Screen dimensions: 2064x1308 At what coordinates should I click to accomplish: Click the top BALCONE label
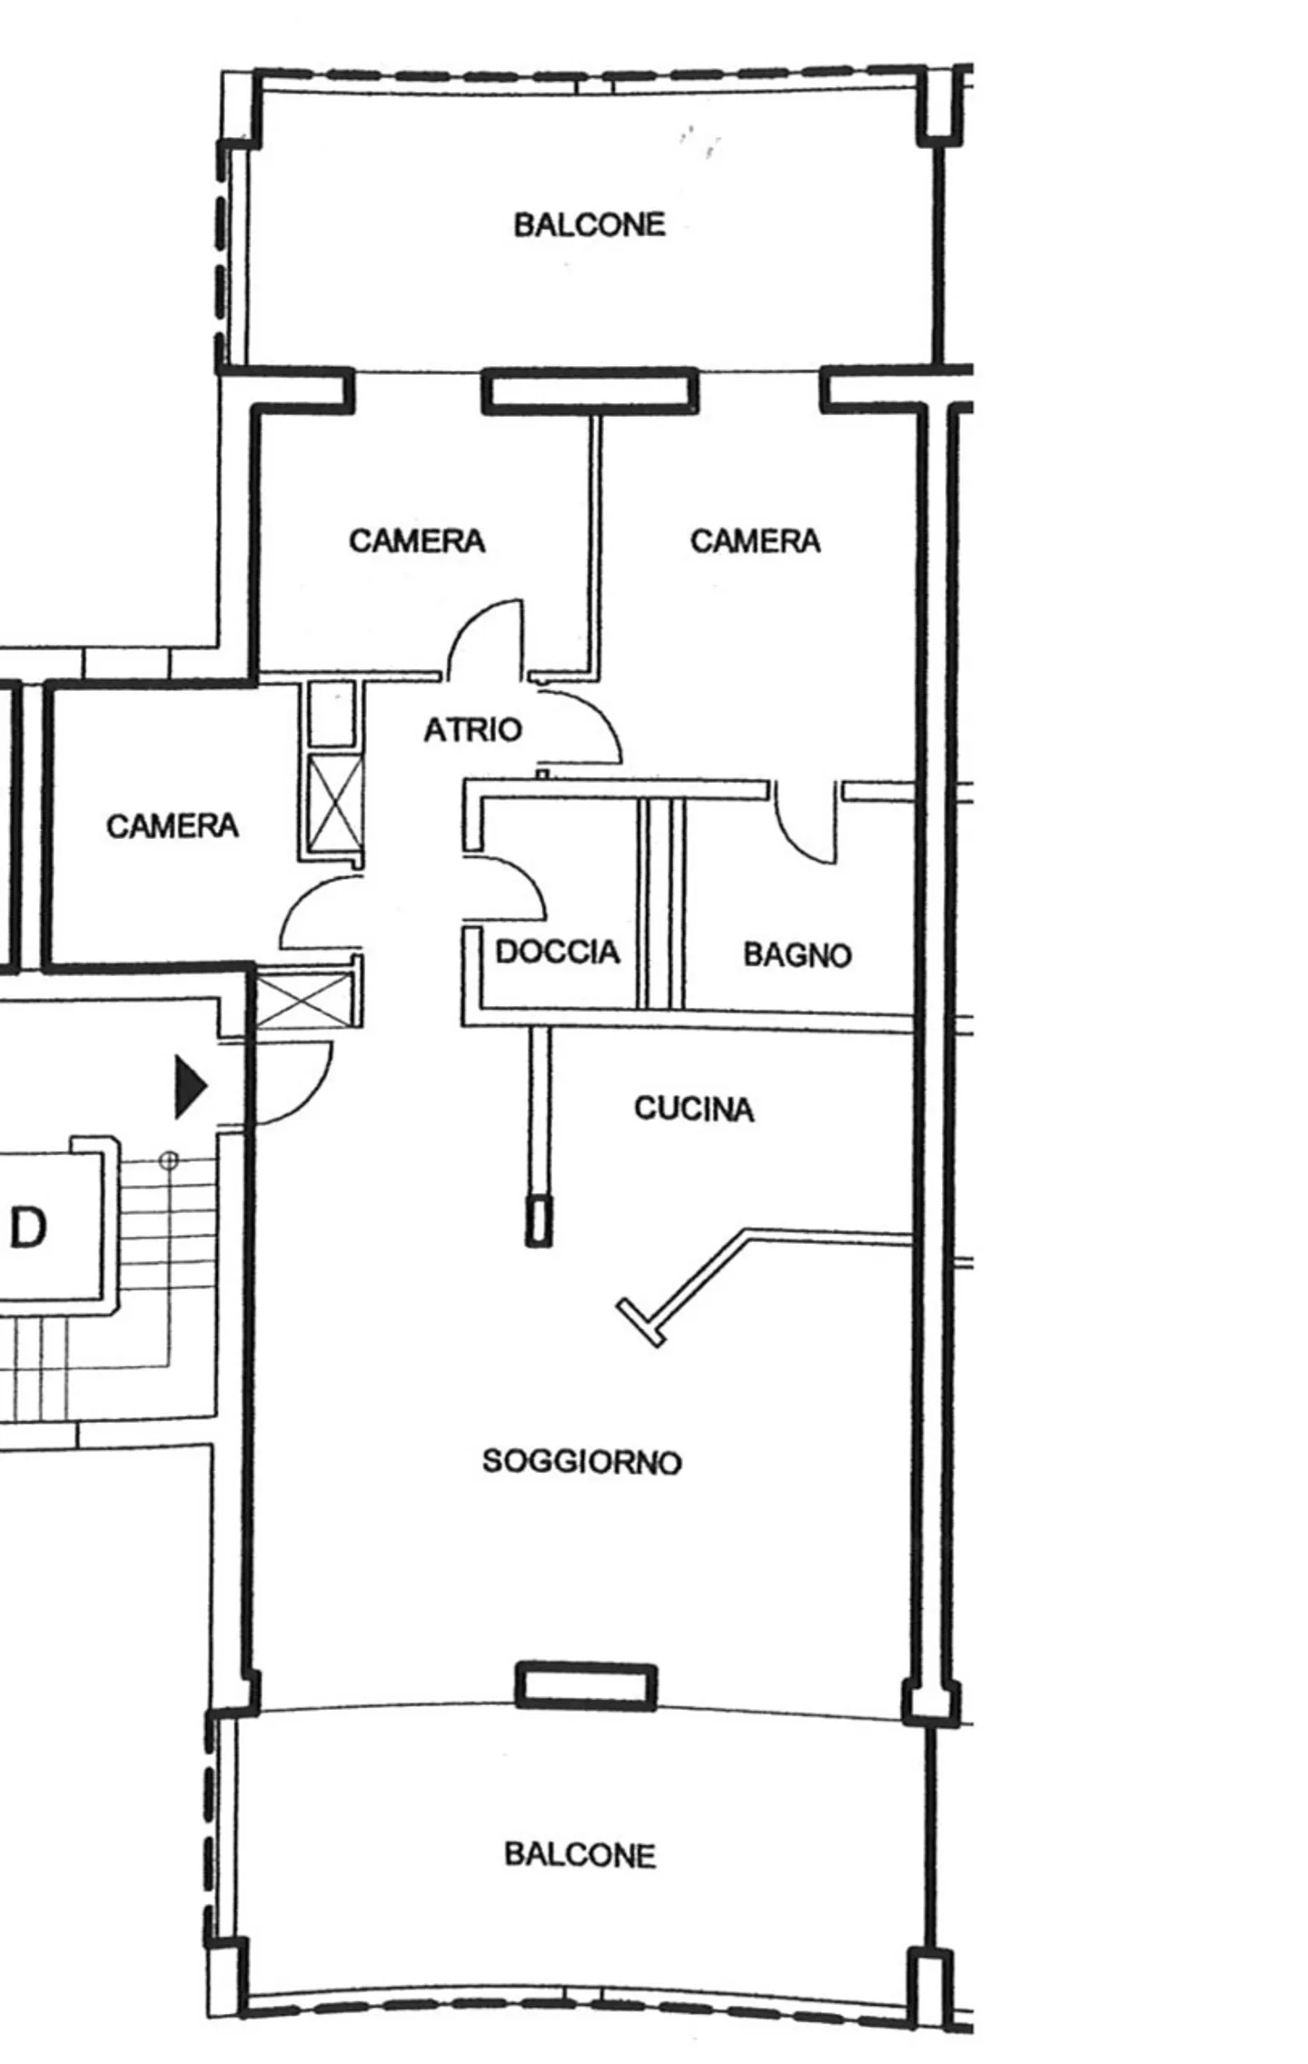(590, 224)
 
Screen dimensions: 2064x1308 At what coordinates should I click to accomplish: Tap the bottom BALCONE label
(580, 1854)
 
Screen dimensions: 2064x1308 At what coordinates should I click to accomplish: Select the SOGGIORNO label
(581, 1461)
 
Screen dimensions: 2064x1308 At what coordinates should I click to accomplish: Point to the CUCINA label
(694, 1109)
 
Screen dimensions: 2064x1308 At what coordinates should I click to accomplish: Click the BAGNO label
(798, 954)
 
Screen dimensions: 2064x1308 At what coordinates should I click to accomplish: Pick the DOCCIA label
(558, 952)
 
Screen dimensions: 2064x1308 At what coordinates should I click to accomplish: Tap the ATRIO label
(473, 729)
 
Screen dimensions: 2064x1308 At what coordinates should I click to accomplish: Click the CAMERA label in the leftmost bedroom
(173, 825)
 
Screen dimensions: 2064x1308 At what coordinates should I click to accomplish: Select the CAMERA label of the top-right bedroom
(755, 541)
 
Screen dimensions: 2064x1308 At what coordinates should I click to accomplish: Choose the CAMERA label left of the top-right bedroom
(417, 541)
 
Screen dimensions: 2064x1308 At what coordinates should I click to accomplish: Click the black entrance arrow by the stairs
(190, 1085)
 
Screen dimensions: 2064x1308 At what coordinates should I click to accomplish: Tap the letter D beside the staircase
(28, 1229)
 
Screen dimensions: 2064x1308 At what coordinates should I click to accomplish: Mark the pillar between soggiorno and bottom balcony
(586, 1686)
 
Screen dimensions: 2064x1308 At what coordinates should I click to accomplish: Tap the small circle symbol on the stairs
(169, 1160)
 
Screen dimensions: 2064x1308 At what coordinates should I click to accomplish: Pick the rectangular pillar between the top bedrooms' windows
(590, 390)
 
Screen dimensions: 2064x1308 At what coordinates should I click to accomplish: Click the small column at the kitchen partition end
(539, 1222)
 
